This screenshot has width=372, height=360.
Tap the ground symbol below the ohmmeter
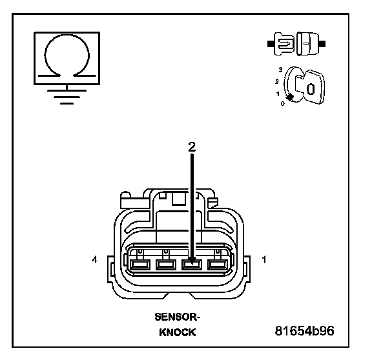point(67,95)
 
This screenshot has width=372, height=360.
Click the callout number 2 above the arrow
point(192,147)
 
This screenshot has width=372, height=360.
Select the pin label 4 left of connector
point(94,259)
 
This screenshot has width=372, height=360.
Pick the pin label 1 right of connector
point(264,259)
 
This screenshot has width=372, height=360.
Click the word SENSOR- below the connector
point(178,317)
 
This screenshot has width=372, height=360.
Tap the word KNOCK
point(178,332)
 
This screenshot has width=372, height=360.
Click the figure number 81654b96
point(304,330)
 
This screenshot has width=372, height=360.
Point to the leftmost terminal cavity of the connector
point(140,265)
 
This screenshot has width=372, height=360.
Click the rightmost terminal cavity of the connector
point(218,265)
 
